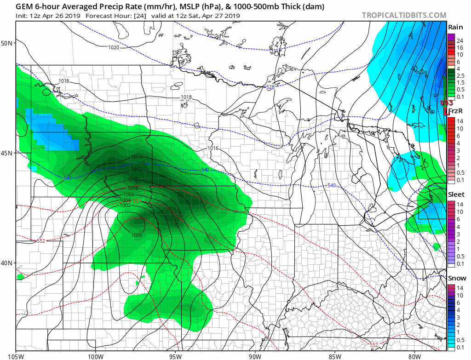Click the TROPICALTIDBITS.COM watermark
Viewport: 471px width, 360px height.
(x=404, y=15)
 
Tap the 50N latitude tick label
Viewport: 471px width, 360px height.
(x=8, y=43)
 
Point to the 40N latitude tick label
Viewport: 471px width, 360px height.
(x=8, y=263)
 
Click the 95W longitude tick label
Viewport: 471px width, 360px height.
(x=175, y=355)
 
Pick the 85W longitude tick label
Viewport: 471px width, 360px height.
(x=335, y=355)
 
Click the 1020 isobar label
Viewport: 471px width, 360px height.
(x=114, y=48)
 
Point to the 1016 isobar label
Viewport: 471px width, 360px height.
(x=213, y=148)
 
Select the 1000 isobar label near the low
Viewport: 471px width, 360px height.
(x=137, y=235)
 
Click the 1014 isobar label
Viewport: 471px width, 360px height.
(x=137, y=157)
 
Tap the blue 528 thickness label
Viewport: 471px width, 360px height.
(x=270, y=87)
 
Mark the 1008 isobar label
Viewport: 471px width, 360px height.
(x=133, y=188)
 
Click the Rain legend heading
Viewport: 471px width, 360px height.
(x=455, y=27)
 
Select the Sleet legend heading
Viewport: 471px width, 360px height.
(x=456, y=194)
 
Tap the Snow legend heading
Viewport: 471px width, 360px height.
(x=456, y=278)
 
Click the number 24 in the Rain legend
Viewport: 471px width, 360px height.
(x=460, y=41)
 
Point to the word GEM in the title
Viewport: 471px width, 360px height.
(x=23, y=7)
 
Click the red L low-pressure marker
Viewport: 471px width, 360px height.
(x=446, y=110)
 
